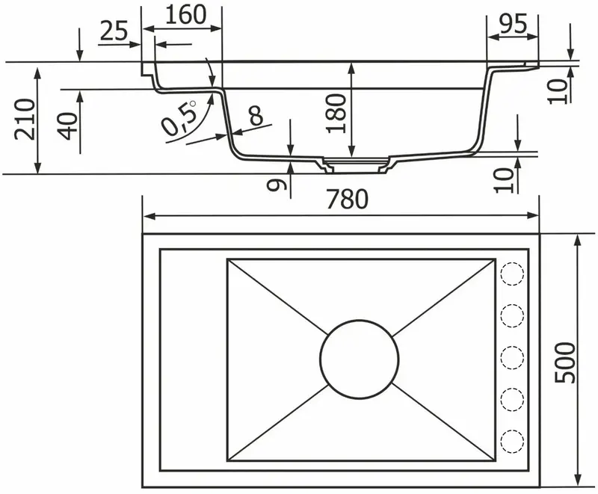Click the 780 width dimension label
(346, 200)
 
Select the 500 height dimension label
(566, 362)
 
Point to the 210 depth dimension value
(25, 119)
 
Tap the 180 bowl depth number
(338, 114)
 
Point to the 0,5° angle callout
(180, 118)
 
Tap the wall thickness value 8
(256, 115)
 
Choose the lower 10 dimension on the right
(506, 179)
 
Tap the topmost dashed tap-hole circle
(512, 274)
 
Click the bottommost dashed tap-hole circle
(512, 440)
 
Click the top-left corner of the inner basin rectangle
(227, 260)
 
